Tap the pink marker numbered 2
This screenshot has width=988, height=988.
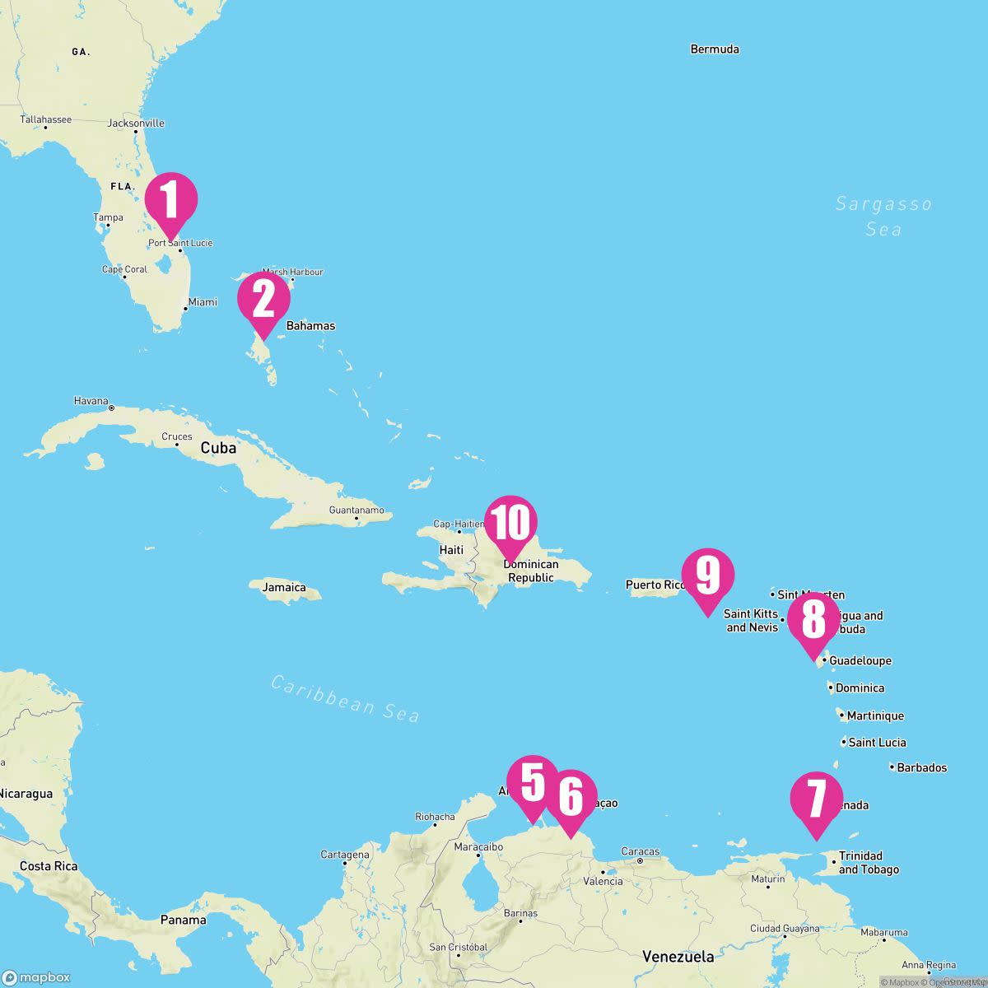263,300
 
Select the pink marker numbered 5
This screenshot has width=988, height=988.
533,783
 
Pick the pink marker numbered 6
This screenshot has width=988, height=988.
570,797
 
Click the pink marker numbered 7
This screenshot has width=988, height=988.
816,799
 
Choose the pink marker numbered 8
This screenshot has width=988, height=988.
813,619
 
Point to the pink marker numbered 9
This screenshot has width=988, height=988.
708,576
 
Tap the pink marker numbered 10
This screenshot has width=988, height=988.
510,523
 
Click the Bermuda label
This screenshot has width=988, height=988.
715,49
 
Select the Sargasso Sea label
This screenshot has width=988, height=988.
883,216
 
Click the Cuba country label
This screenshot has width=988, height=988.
218,448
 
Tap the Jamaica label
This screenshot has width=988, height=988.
284,587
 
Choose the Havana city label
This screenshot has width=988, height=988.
91,401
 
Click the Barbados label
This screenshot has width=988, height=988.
921,767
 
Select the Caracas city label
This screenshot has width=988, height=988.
641,851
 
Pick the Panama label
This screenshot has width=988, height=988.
183,920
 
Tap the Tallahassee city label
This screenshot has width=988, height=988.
46,119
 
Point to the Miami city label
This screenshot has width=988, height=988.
203,302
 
